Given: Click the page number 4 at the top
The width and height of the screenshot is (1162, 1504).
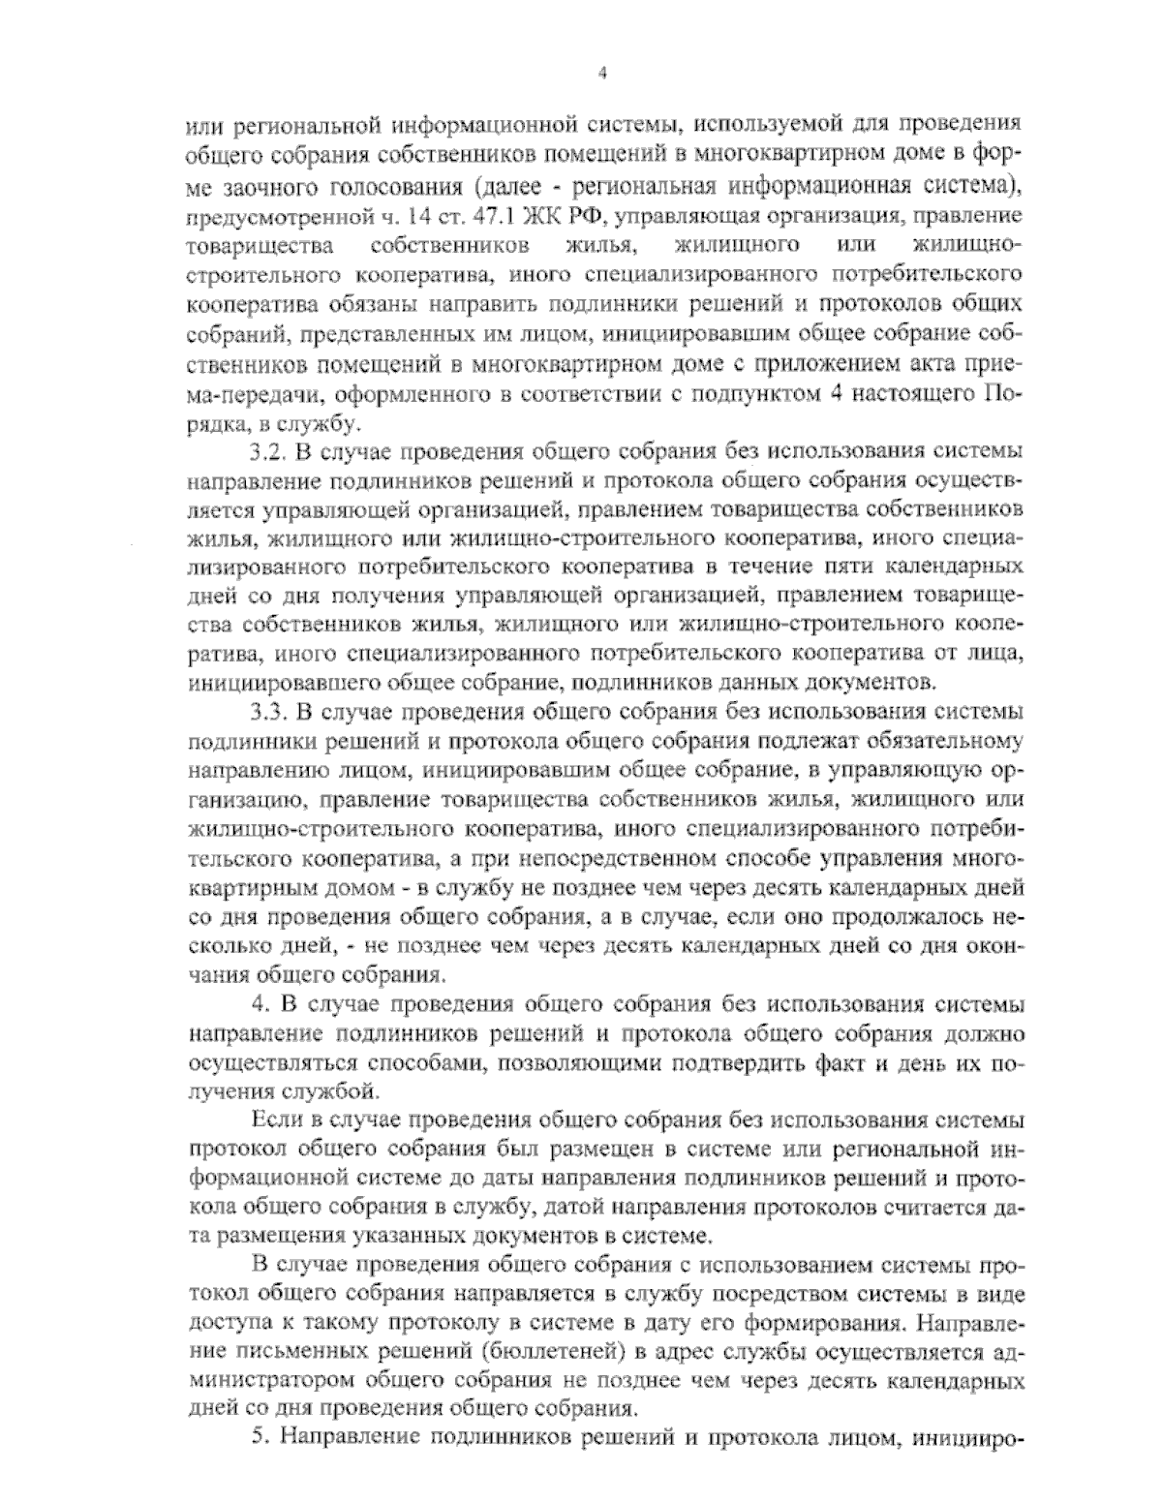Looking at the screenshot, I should point(602,74).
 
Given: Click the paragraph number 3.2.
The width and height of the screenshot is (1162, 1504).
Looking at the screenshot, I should point(266,452).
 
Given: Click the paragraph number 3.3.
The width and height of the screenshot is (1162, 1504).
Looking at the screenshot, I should point(266,713).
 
